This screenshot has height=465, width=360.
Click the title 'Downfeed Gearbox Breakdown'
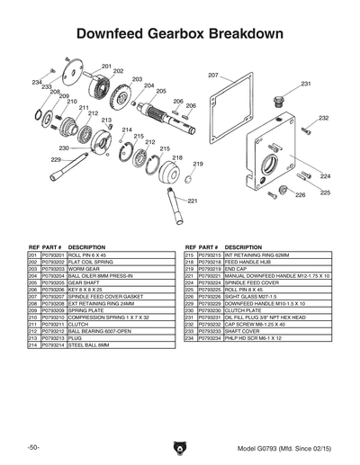click(179, 33)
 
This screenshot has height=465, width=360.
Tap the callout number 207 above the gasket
click(213, 75)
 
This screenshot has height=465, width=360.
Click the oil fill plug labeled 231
click(279, 94)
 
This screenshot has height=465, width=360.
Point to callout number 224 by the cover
click(325, 175)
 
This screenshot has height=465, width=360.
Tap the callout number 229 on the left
click(56, 159)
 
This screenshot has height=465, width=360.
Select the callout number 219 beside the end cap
click(197, 164)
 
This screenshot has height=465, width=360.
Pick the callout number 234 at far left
click(36, 82)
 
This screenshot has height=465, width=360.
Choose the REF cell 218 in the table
click(190, 262)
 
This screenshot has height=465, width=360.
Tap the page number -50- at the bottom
click(32, 447)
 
